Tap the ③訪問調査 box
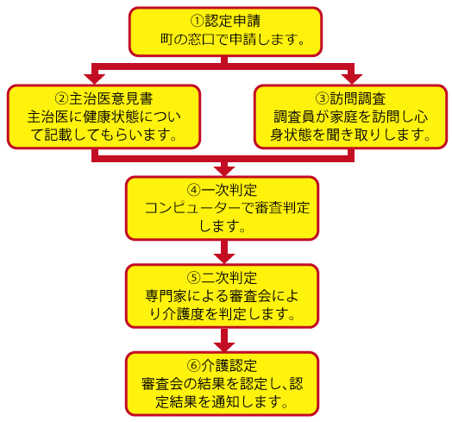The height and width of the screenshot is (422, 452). pyautogui.click(x=350, y=116)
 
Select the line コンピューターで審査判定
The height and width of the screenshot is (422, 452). pyautogui.click(x=227, y=208)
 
